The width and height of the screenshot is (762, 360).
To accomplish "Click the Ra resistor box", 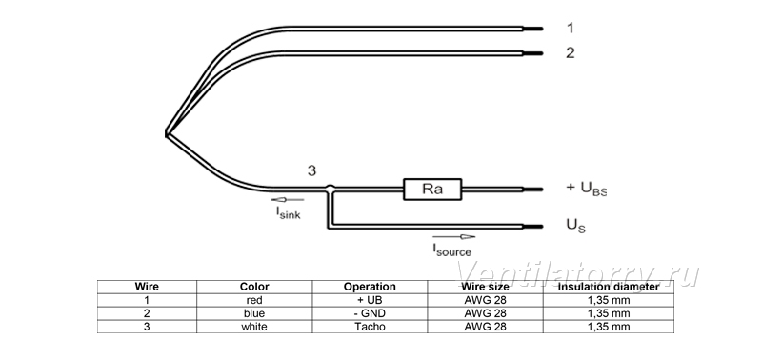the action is pyautogui.click(x=432, y=189).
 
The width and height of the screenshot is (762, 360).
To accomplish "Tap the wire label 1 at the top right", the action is pyautogui.click(x=570, y=29).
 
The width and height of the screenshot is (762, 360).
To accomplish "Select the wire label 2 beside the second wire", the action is pyautogui.click(x=570, y=52).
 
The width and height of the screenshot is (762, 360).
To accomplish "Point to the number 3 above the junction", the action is pyautogui.click(x=311, y=171).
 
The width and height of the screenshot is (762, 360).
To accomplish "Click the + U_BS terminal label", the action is pyautogui.click(x=586, y=189).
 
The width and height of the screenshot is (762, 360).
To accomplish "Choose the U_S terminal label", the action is pyautogui.click(x=576, y=226).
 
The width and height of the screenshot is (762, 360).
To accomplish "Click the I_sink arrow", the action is pyautogui.click(x=288, y=199).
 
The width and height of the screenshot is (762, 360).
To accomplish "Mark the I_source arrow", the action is pyautogui.click(x=454, y=236).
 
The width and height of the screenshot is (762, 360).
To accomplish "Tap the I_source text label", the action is pyautogui.click(x=451, y=250).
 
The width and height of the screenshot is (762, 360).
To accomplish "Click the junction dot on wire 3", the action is pyautogui.click(x=330, y=188).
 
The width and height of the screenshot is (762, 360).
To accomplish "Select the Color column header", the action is pyautogui.click(x=254, y=287).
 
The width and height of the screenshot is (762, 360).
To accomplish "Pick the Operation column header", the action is pyautogui.click(x=370, y=287).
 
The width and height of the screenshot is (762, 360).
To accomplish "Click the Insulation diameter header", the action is pyautogui.click(x=608, y=287).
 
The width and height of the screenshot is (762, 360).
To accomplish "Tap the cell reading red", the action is pyautogui.click(x=254, y=300).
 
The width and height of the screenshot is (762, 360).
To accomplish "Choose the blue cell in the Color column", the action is pyautogui.click(x=254, y=313).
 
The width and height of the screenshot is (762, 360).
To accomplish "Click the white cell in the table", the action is pyautogui.click(x=254, y=327).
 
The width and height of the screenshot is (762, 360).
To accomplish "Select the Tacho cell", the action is pyautogui.click(x=370, y=327).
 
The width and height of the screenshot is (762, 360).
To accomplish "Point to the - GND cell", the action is pyautogui.click(x=370, y=313).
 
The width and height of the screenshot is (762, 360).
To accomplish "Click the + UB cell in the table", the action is pyautogui.click(x=370, y=300).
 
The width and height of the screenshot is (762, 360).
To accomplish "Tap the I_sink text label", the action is pyautogui.click(x=289, y=212).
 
